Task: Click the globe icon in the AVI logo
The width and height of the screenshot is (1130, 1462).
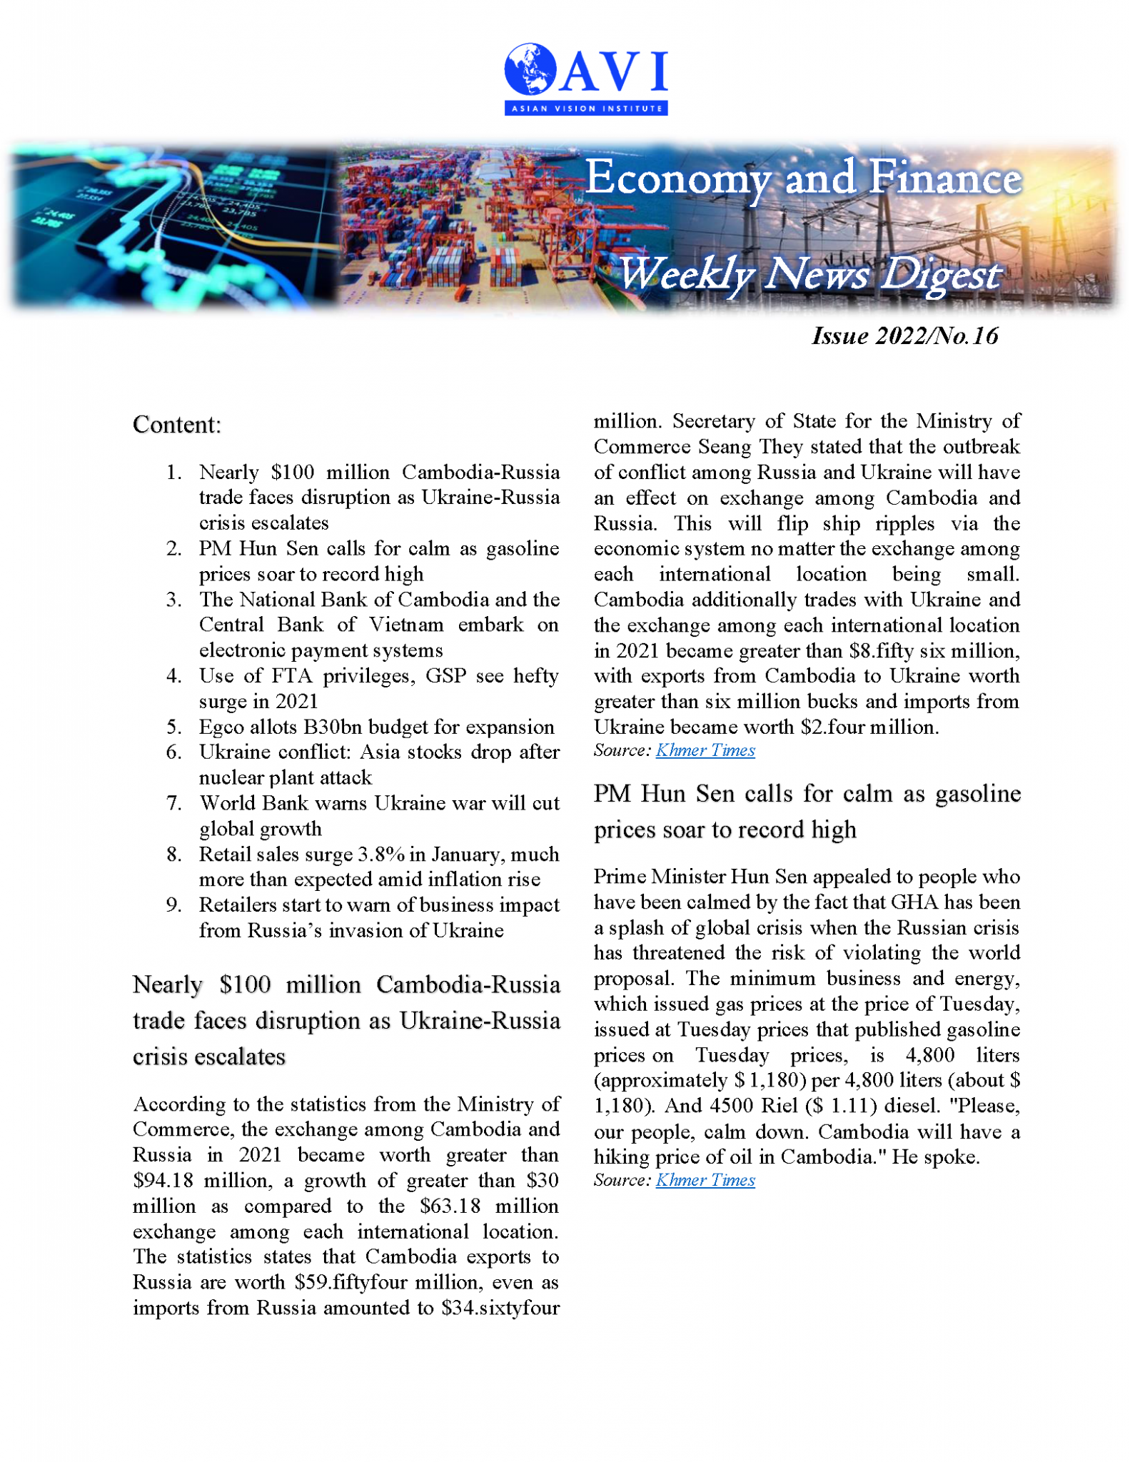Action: tap(530, 69)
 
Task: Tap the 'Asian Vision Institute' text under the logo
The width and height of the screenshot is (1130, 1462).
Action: tap(586, 109)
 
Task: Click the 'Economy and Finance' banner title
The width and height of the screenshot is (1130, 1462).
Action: tap(802, 178)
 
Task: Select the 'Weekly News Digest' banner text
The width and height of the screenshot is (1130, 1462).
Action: tap(808, 275)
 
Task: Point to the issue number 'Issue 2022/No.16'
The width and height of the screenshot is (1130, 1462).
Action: tap(904, 336)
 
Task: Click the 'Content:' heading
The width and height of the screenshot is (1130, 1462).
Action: tap(177, 425)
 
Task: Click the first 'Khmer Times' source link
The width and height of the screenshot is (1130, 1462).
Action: tap(705, 750)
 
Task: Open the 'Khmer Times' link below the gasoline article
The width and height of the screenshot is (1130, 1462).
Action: tap(705, 1180)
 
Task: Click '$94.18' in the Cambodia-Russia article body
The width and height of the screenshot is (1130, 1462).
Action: tap(162, 1181)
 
